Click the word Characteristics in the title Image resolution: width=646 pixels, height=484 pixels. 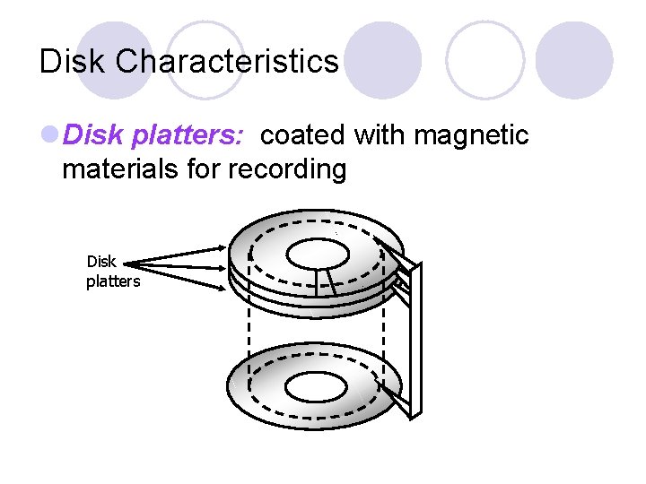(x=228, y=62)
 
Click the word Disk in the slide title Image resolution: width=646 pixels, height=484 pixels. (x=74, y=62)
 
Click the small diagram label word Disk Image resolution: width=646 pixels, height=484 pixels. (x=101, y=262)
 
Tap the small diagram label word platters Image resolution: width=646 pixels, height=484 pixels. (x=113, y=281)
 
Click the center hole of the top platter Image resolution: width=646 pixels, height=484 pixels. (x=316, y=254)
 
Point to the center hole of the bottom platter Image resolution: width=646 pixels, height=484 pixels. (x=317, y=388)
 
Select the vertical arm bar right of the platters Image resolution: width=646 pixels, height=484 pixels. (x=410, y=341)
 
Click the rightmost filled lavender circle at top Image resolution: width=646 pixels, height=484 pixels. (x=574, y=60)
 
